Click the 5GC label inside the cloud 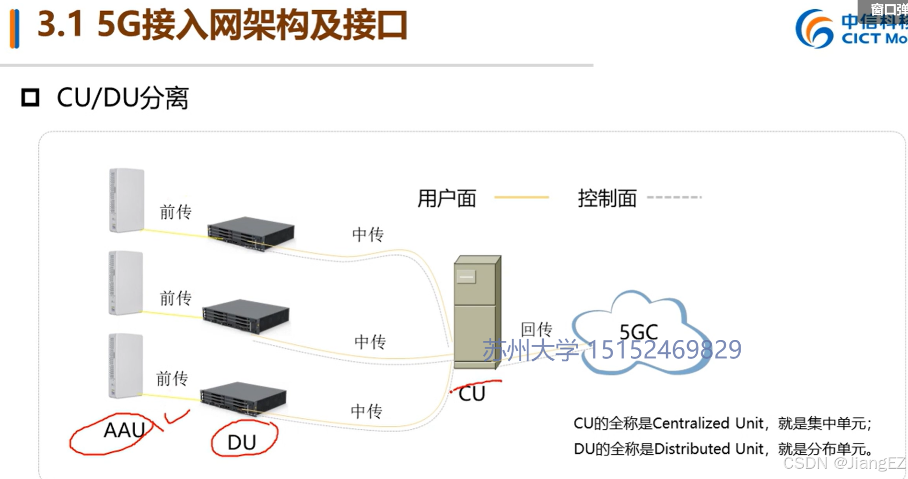638,331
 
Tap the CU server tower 477,312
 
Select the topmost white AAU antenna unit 127,200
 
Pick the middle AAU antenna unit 126,282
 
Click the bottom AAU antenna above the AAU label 126,365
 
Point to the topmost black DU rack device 251,233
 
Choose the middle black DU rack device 246,316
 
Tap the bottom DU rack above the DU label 243,398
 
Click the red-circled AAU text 124,430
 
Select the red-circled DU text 242,442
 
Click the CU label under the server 472,394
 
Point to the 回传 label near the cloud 536,329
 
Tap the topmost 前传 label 175,212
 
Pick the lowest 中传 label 367,411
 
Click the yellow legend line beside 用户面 521,198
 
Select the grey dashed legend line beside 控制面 674,198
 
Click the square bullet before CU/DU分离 30,98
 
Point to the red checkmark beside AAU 176,416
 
